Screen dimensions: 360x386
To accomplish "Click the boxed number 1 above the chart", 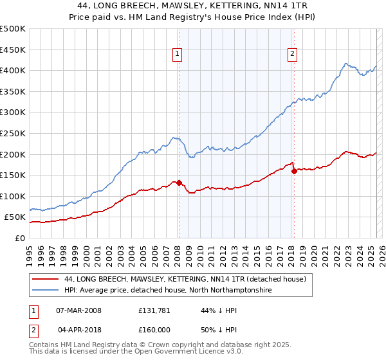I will point(176,55).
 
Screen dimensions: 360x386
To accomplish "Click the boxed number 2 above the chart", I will point(292,55).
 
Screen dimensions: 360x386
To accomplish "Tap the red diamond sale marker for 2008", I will point(179,182).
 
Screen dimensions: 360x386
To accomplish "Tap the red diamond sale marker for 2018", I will point(294,170).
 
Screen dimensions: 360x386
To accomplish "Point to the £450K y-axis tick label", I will point(12,50).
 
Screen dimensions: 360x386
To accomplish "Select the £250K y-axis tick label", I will point(12,133).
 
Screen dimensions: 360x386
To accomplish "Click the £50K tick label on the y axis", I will point(15,217).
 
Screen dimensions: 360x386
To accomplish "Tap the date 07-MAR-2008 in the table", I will point(78,311).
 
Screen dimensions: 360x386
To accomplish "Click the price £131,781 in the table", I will point(154,311).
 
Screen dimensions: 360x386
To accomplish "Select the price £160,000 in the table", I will point(154,330).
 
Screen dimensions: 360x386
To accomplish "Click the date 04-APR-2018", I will point(78,330).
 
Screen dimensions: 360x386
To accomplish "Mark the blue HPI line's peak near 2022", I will point(345,64).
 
